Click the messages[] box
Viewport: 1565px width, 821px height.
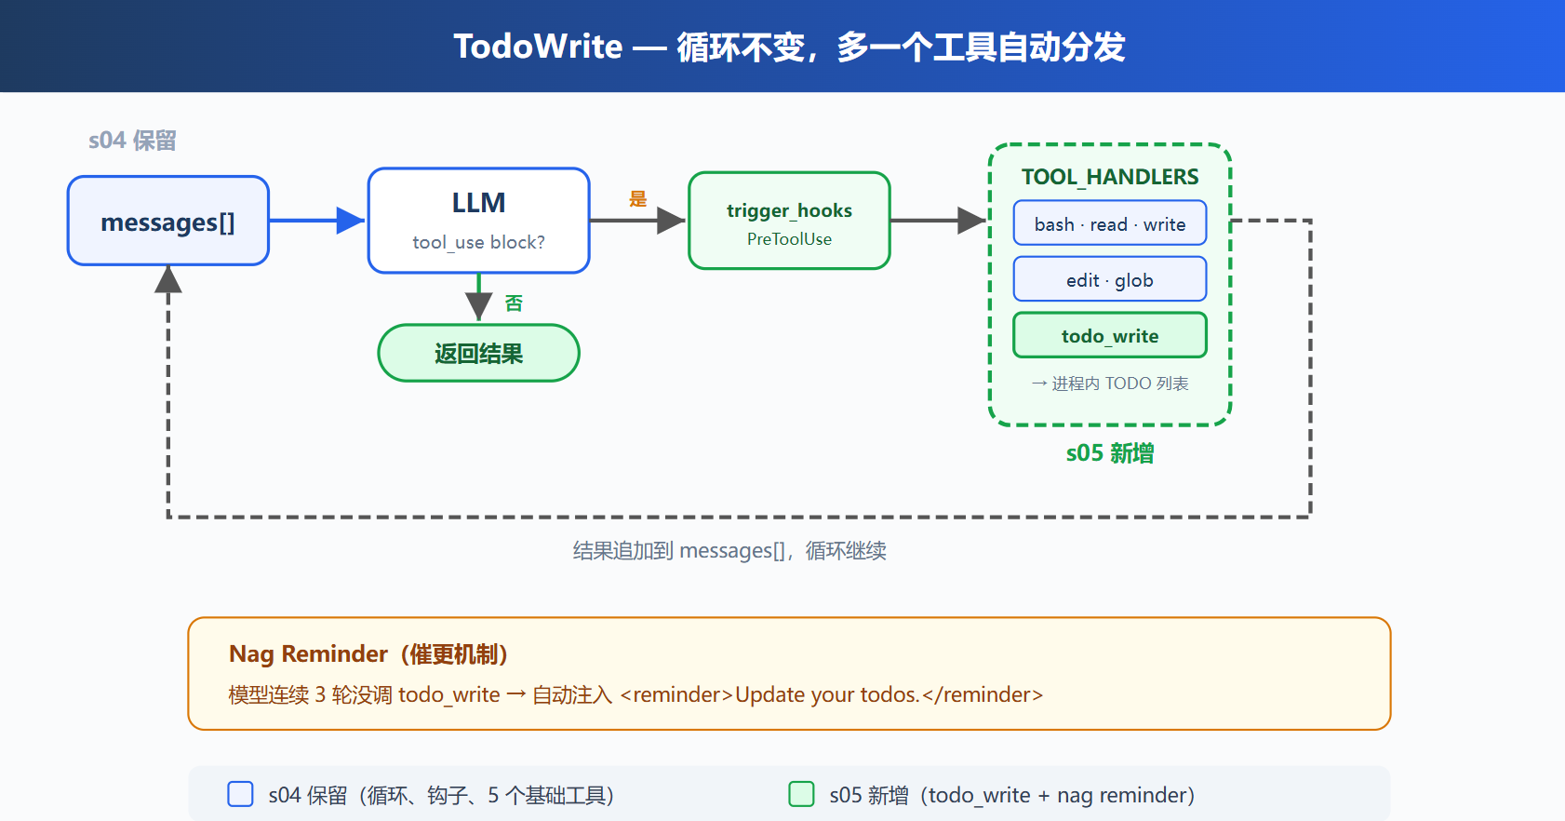tap(168, 221)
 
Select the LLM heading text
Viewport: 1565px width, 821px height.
tap(478, 203)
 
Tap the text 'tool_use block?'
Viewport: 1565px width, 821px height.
tap(478, 242)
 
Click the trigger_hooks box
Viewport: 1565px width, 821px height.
tap(790, 221)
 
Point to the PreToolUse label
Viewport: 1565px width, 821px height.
tap(790, 239)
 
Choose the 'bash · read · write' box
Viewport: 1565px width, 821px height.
tap(1110, 223)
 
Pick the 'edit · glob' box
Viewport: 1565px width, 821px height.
tap(1110, 279)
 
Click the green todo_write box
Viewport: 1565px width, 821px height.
tap(1110, 335)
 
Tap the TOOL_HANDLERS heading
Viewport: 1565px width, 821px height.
tap(1110, 177)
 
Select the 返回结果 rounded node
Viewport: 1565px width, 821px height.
tap(478, 353)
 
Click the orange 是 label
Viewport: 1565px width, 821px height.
tap(638, 199)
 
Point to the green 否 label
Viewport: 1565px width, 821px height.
tap(514, 303)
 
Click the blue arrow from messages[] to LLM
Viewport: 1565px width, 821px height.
tap(316, 221)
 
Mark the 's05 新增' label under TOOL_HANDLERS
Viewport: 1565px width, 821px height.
tap(1110, 453)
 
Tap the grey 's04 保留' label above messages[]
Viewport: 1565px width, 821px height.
tap(132, 141)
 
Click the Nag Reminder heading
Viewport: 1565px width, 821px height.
tap(368, 654)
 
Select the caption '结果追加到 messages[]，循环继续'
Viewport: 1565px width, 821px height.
tap(729, 551)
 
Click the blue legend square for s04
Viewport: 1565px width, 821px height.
tap(240, 794)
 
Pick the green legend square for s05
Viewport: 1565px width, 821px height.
tap(801, 794)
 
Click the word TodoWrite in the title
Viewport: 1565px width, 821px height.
tap(538, 47)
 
